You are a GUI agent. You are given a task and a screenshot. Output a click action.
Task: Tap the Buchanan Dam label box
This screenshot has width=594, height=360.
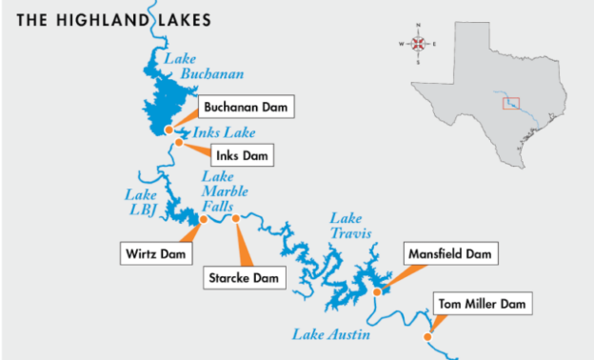point(245,106)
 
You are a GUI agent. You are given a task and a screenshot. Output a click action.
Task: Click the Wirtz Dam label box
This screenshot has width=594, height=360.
point(156,253)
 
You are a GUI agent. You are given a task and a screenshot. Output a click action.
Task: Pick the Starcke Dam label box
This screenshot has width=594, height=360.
point(245,278)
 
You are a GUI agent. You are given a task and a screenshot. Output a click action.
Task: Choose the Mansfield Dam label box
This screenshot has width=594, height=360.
point(450,254)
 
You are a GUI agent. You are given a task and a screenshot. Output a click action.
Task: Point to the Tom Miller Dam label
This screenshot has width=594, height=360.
point(481,305)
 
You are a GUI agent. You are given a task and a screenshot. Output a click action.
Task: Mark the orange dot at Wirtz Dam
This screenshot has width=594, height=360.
point(202,219)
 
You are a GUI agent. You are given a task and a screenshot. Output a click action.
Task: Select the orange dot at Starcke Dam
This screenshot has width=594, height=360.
point(236,218)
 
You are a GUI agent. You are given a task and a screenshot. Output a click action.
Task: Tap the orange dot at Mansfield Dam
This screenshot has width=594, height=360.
point(377,291)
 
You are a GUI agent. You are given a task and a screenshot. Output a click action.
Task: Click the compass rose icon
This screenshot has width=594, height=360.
point(417,44)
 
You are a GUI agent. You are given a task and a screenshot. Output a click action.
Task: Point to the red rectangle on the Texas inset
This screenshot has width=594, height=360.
point(511,102)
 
